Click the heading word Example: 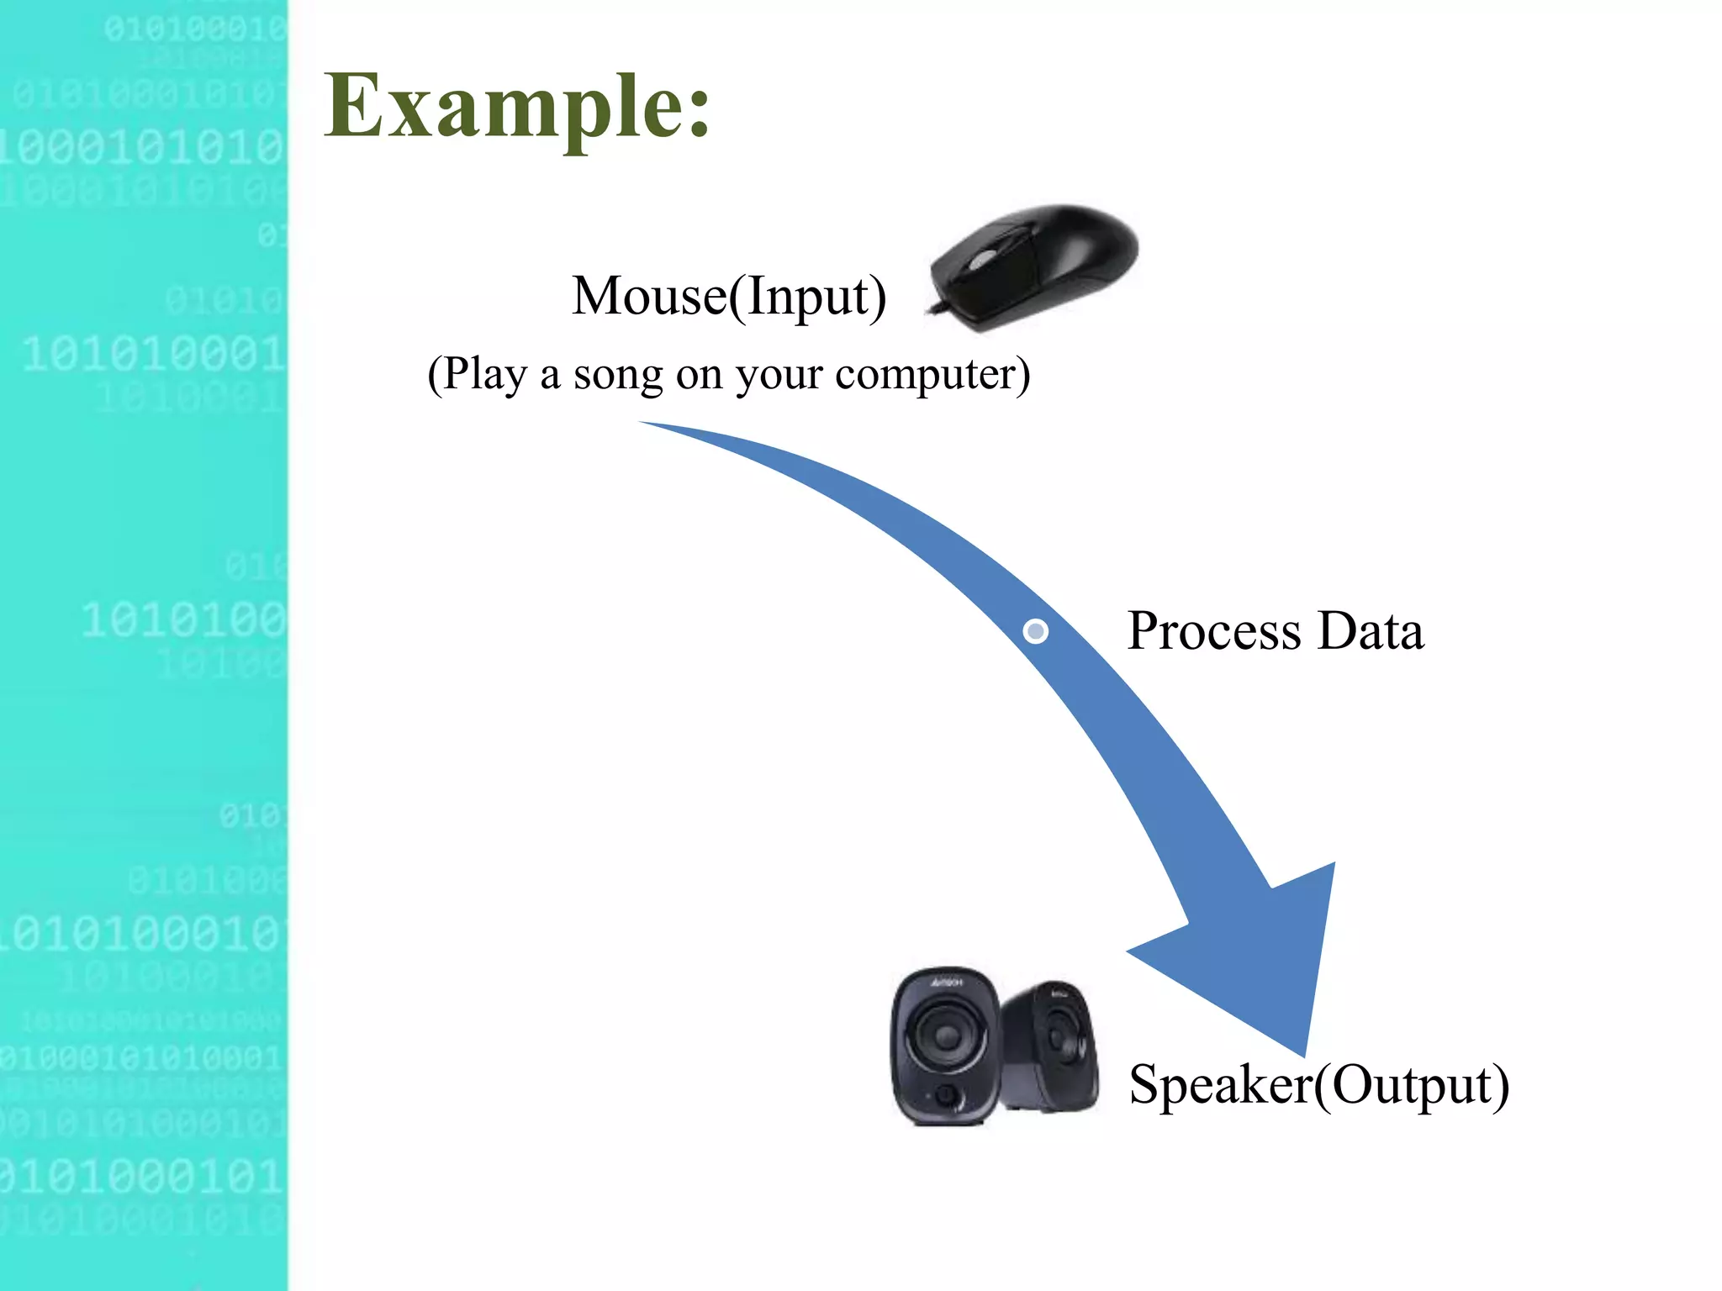click(517, 107)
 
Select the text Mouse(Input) click(729, 297)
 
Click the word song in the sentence click(618, 374)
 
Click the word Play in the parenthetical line click(484, 374)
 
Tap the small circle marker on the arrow click(1036, 631)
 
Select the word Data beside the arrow click(1371, 631)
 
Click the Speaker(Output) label click(1318, 1085)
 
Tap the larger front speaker click(946, 1046)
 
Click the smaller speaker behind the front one click(1055, 1046)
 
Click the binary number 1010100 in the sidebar click(183, 621)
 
